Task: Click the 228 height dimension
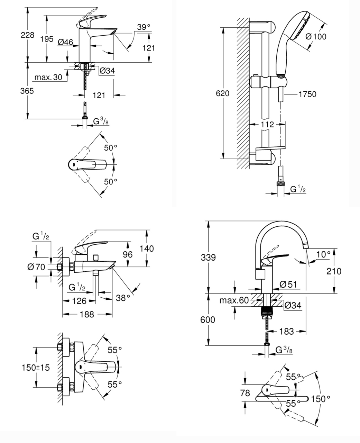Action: (x=27, y=35)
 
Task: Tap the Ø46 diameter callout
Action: (x=65, y=42)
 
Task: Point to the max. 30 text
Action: (x=48, y=77)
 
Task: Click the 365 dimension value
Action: (x=27, y=91)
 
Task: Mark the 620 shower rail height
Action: (x=223, y=93)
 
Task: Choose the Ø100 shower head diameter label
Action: (x=316, y=36)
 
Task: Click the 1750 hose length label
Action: (x=307, y=94)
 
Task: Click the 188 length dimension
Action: (x=87, y=314)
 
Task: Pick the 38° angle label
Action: (x=123, y=297)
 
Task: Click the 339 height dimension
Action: (x=208, y=257)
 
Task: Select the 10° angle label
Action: (x=323, y=254)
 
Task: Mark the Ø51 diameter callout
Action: (x=288, y=284)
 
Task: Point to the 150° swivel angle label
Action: (x=320, y=399)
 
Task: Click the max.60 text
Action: (x=234, y=300)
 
